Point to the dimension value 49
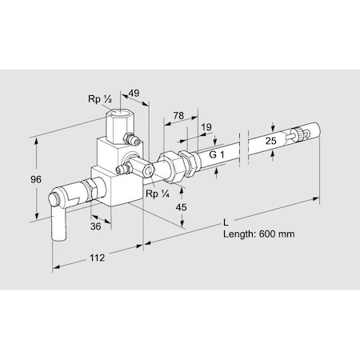tap(134, 93)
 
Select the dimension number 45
tap(182, 207)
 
